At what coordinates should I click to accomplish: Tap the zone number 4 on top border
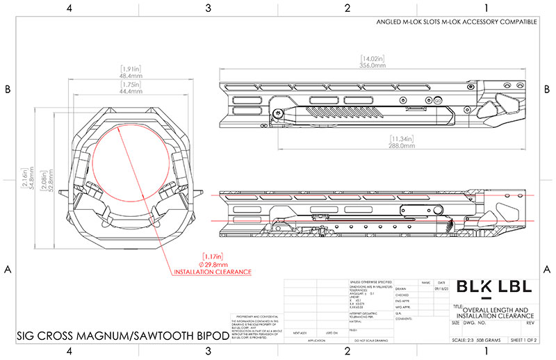69,8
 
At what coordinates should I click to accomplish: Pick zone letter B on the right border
548,90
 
